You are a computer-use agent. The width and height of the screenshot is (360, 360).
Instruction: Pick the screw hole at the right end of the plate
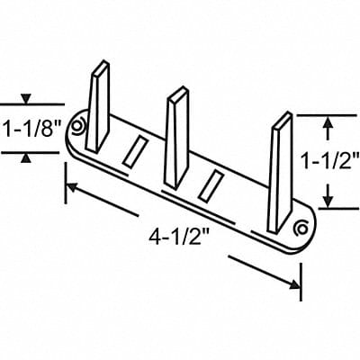click(300, 229)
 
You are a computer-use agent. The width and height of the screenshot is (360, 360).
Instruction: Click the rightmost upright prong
click(281, 166)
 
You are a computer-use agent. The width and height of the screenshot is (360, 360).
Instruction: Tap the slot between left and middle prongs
click(136, 149)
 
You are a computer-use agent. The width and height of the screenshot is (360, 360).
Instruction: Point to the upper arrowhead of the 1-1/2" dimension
click(329, 121)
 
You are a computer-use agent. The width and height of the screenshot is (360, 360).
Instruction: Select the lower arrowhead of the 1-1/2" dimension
click(329, 202)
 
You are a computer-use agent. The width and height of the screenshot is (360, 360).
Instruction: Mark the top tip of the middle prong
click(178, 91)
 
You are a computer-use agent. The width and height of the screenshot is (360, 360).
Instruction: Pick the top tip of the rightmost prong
click(283, 116)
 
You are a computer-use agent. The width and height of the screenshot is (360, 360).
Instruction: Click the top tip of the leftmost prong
click(101, 64)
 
